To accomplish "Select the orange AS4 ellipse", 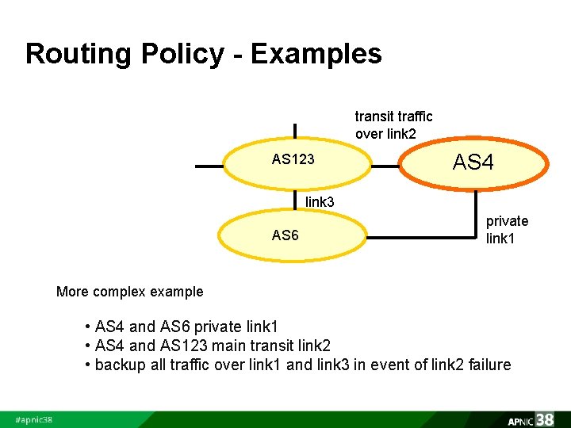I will tap(473, 164).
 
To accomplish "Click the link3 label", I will tap(320, 202).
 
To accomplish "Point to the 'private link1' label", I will tap(507, 229).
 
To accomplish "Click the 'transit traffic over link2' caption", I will tap(393, 125).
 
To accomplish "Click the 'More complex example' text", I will tap(129, 292).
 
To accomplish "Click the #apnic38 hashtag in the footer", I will tap(34, 419).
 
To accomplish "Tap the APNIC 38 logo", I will tap(531, 419).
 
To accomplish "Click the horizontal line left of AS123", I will tap(209, 167).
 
